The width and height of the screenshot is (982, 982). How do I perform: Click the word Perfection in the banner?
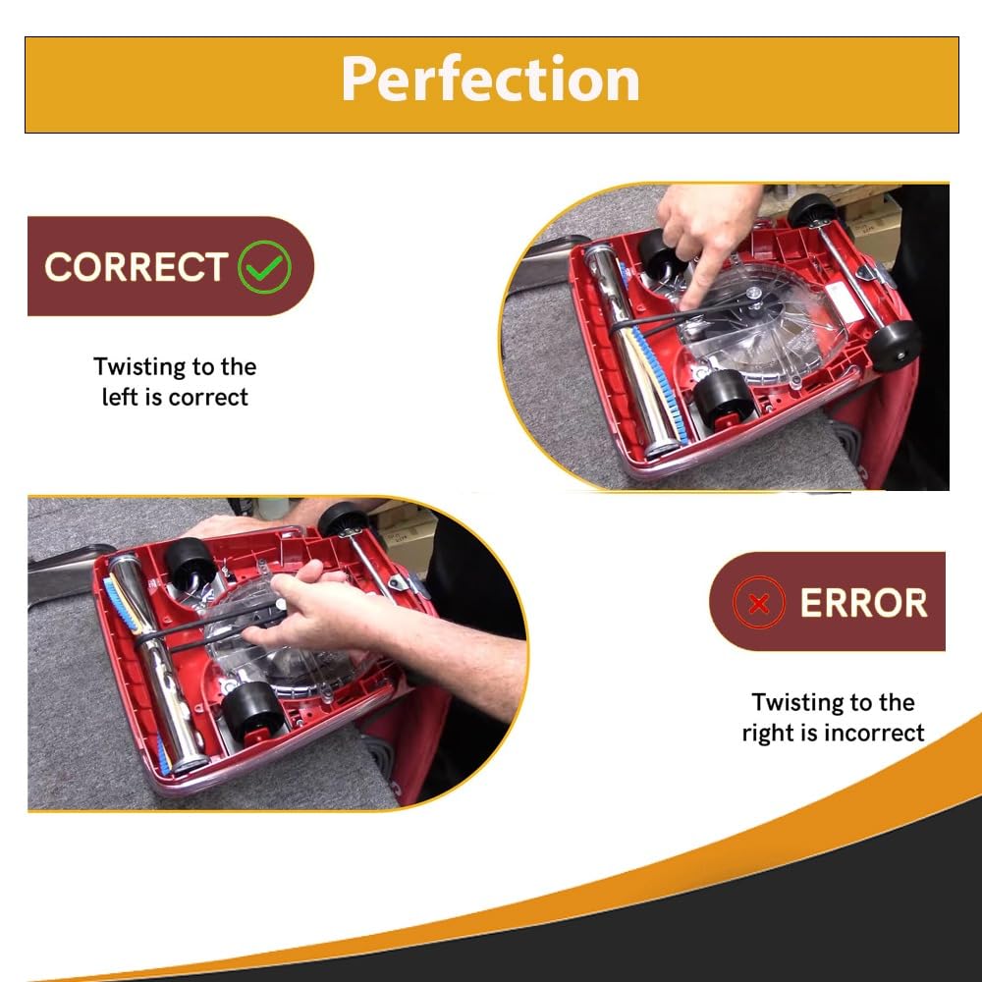pos(490,79)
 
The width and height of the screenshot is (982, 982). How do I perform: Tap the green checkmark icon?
pos(264,267)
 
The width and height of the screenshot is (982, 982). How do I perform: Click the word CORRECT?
pos(136,267)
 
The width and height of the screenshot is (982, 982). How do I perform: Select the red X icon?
pos(759,603)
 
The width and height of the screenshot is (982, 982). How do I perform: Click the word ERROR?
pos(863,603)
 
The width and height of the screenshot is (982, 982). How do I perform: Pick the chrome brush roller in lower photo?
pos(156,664)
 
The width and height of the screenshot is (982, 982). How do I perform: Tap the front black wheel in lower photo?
pos(251,712)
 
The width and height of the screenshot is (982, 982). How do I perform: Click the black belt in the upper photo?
pos(682,316)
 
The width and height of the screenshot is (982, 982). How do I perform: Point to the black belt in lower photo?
pos(206,627)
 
